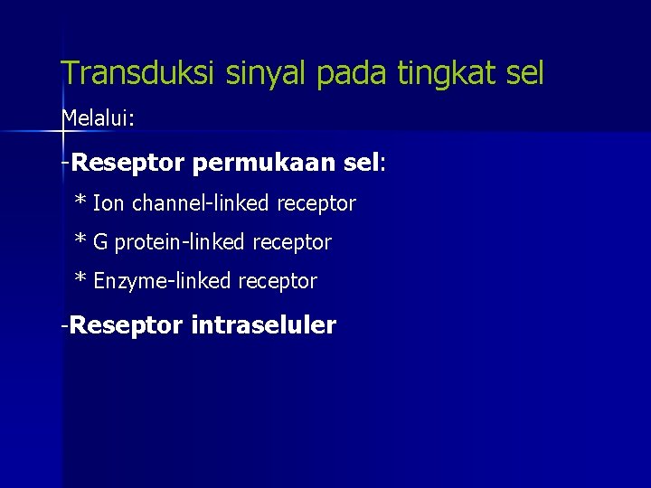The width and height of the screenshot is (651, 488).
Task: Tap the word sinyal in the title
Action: [265, 74]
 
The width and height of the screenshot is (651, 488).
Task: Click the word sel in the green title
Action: [524, 74]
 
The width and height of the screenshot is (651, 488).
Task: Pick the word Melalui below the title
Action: [95, 118]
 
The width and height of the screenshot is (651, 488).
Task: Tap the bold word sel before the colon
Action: [362, 164]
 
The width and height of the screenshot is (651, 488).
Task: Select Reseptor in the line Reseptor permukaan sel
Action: [127, 164]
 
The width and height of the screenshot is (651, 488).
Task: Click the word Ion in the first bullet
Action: [109, 204]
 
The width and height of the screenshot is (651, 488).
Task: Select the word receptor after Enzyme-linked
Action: [278, 282]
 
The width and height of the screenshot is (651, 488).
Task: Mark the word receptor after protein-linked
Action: [292, 243]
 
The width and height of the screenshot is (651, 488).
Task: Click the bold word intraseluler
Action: [263, 325]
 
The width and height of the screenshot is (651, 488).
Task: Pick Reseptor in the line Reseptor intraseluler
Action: [126, 325]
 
